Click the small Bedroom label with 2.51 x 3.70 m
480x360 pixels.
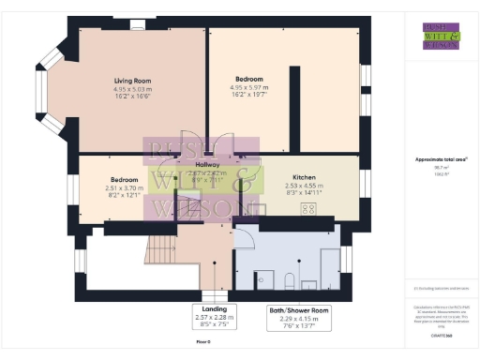125,179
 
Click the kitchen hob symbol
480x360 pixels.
308,210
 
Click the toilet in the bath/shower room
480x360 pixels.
290,278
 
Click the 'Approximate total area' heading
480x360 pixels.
439,159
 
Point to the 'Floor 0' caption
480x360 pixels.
203,342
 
